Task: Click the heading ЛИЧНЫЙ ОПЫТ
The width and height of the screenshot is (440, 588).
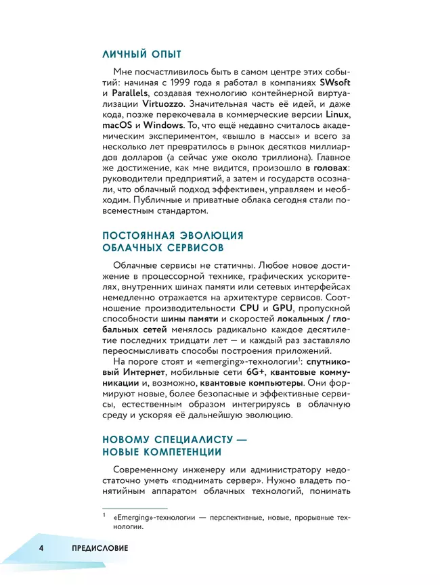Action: [141, 54]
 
